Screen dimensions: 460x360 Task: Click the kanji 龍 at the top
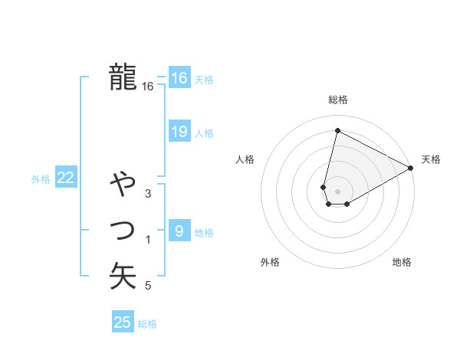(x=123, y=77)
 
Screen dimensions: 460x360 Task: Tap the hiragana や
(x=123, y=185)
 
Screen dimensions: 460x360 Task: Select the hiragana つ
(x=123, y=230)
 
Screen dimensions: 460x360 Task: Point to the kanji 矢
(x=123, y=275)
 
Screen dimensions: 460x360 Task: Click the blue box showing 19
(x=179, y=132)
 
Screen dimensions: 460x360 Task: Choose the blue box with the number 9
(x=179, y=231)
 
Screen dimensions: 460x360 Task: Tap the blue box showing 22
(x=65, y=178)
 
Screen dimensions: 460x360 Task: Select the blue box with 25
(x=122, y=322)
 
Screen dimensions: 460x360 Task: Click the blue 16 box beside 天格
(x=179, y=78)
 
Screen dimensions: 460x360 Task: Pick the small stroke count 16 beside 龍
(x=148, y=87)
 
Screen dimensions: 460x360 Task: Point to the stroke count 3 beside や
(x=148, y=195)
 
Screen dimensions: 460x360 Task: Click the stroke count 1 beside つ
(x=148, y=241)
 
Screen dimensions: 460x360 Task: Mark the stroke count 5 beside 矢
(x=148, y=286)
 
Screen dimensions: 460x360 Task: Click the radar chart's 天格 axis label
(x=431, y=159)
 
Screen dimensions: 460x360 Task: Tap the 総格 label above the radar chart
(x=338, y=100)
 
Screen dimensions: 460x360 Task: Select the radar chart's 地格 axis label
(x=402, y=262)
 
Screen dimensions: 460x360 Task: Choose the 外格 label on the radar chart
(x=270, y=262)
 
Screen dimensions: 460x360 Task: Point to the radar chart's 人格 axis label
(x=245, y=159)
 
